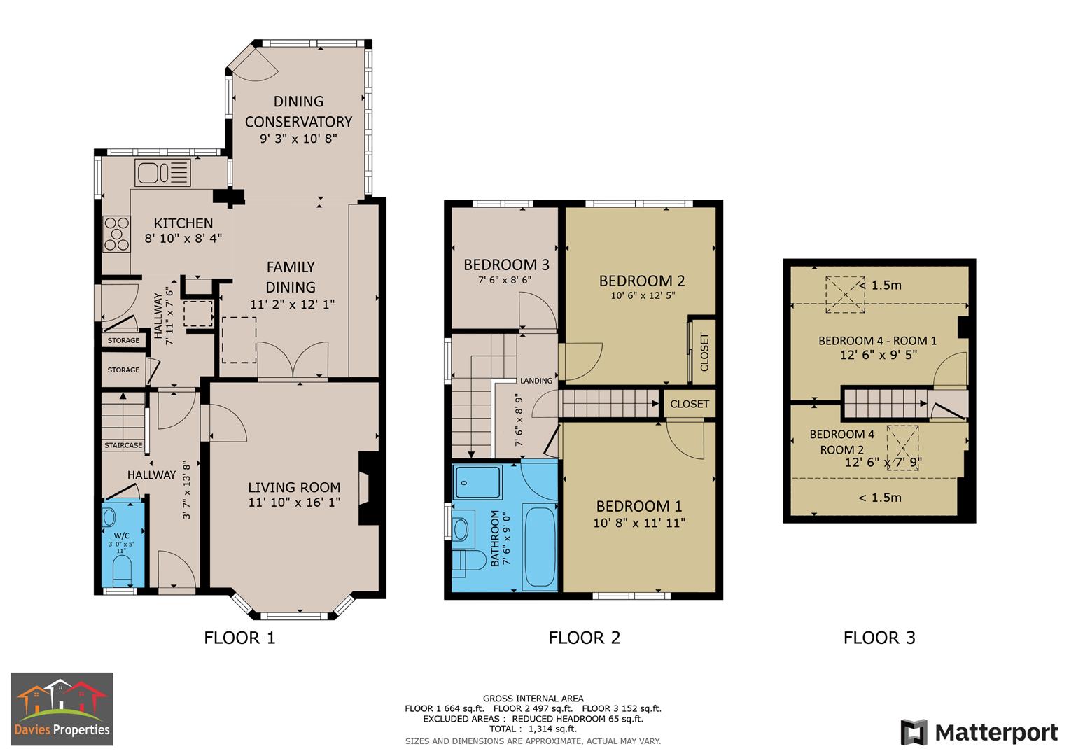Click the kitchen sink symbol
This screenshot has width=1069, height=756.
(162, 172)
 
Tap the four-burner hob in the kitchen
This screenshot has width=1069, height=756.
(117, 234)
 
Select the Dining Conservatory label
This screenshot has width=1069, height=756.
(298, 111)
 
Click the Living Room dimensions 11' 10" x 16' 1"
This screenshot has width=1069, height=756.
(294, 503)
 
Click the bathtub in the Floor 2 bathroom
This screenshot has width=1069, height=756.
(539, 547)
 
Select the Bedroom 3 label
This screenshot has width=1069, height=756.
(506, 265)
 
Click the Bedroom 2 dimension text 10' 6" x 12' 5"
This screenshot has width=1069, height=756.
(642, 295)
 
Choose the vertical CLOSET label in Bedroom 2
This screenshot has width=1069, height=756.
(704, 352)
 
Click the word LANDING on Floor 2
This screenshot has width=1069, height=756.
(536, 381)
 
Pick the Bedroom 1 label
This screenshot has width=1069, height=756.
(638, 506)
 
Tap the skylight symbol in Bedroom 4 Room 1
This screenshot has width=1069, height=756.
(846, 295)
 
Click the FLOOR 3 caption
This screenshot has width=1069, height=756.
(879, 638)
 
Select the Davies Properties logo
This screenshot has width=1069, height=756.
(62, 708)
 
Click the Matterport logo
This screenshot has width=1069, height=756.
(979, 733)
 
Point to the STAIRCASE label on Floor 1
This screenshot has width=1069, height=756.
(123, 445)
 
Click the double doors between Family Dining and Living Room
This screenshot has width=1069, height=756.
(293, 361)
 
